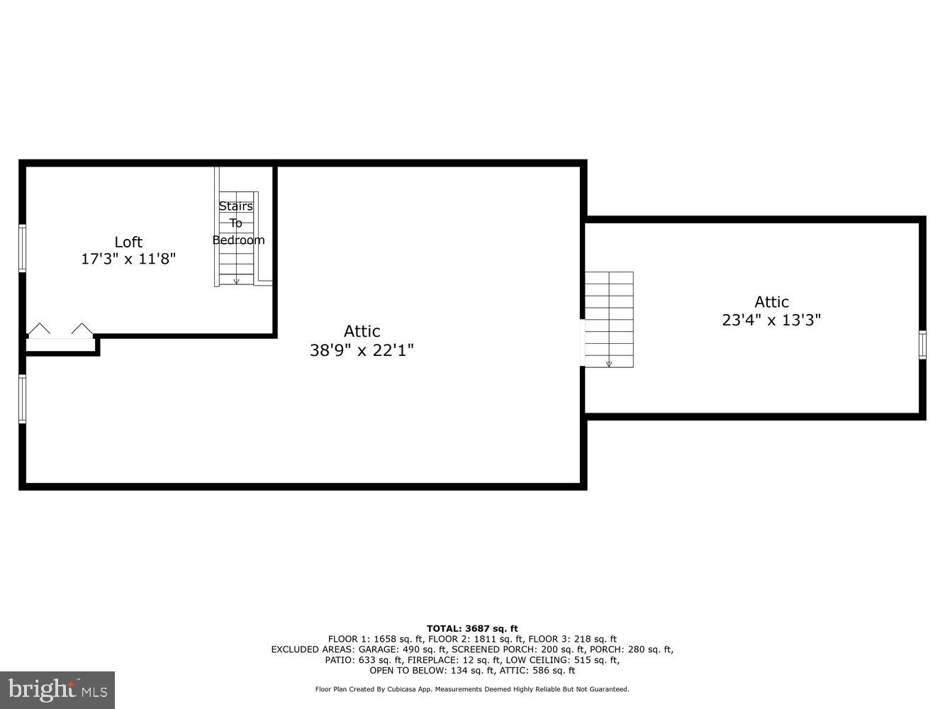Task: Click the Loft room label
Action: (x=128, y=242)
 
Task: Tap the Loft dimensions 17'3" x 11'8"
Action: (x=128, y=259)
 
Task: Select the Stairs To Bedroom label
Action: (x=237, y=223)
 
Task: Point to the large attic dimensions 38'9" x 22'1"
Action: (x=362, y=350)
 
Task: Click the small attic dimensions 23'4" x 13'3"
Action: (x=771, y=320)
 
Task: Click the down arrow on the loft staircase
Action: (x=236, y=281)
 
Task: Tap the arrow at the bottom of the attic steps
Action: (x=609, y=364)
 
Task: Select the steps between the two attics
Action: (x=608, y=319)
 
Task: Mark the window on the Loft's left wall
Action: (x=23, y=248)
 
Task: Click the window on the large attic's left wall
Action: (x=23, y=399)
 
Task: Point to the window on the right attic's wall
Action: (x=922, y=345)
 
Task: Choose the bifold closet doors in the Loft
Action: (x=60, y=330)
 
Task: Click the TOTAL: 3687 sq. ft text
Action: (x=472, y=628)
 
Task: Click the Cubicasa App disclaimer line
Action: (x=472, y=689)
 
